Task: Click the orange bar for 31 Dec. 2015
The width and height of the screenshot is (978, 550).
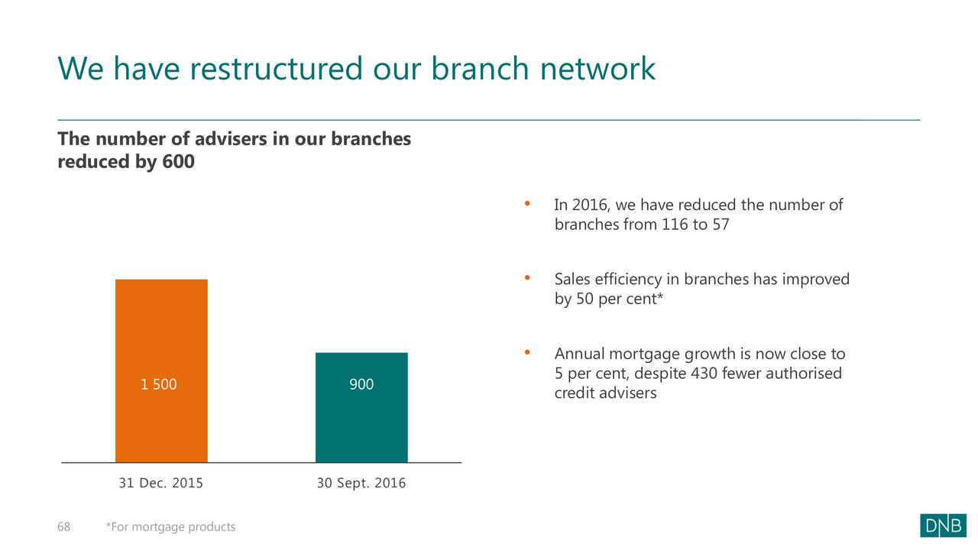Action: pyautogui.click(x=161, y=370)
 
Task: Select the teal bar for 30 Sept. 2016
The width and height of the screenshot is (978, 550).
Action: pyautogui.click(x=361, y=407)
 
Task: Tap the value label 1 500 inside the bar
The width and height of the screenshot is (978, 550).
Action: pyautogui.click(x=158, y=384)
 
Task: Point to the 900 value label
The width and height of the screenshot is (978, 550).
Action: pyautogui.click(x=361, y=384)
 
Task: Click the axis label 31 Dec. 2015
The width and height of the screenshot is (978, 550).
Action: pyautogui.click(x=161, y=484)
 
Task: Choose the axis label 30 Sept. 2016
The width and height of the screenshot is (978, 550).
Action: pyautogui.click(x=361, y=484)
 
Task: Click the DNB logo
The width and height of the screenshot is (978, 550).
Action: pyautogui.click(x=943, y=526)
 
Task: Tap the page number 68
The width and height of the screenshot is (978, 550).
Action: pyautogui.click(x=63, y=527)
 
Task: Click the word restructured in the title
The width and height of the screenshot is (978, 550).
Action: pyautogui.click(x=276, y=69)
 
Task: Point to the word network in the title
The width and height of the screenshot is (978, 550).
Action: pyautogui.click(x=597, y=69)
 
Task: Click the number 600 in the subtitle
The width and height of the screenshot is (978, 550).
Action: pyautogui.click(x=178, y=161)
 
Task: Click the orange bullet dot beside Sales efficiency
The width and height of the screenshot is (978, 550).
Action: pyautogui.click(x=527, y=277)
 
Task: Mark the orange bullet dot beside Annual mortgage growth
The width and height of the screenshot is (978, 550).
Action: pyautogui.click(x=527, y=352)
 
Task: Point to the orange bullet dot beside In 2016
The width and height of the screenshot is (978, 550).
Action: pyautogui.click(x=527, y=203)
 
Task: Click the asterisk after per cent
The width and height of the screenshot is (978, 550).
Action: pyautogui.click(x=660, y=296)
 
